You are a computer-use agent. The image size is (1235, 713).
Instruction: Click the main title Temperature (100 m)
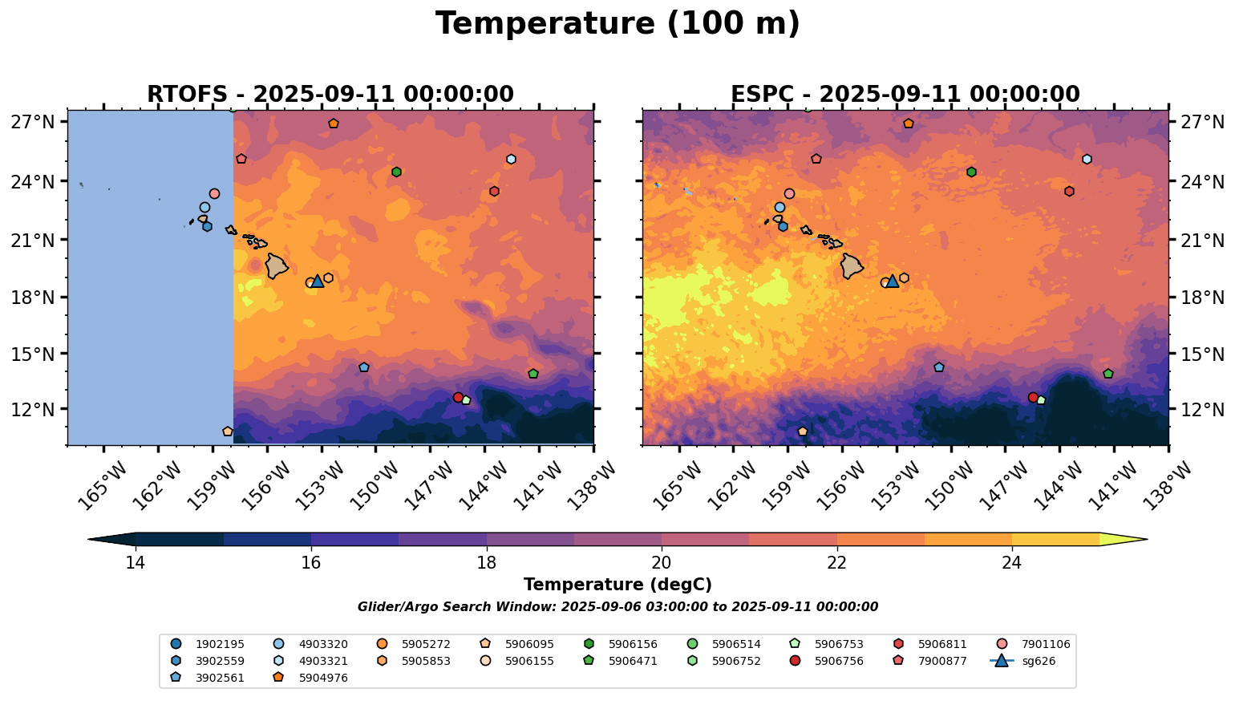617,24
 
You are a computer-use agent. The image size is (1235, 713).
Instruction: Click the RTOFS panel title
330,95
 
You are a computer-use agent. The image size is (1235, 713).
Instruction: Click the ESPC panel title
905,95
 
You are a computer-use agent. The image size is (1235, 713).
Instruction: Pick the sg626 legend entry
1026,662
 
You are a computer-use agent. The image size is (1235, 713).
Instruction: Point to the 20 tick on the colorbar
662,562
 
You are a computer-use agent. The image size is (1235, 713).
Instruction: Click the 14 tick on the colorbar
136,562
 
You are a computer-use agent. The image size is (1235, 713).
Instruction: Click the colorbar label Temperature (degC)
617,585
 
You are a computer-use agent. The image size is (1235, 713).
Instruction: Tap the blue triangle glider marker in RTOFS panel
318,281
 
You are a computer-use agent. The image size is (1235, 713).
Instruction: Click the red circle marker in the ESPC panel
1033,397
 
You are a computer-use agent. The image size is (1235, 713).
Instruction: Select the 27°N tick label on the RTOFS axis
32,122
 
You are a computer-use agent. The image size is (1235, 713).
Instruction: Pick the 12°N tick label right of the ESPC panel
1201,409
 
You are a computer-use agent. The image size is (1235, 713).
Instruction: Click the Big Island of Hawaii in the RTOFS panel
277,265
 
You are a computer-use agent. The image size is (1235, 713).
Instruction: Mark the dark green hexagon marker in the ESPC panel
971,172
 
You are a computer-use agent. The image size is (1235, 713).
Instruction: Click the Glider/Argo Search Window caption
617,607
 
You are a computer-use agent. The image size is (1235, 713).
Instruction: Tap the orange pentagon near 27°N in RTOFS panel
334,124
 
